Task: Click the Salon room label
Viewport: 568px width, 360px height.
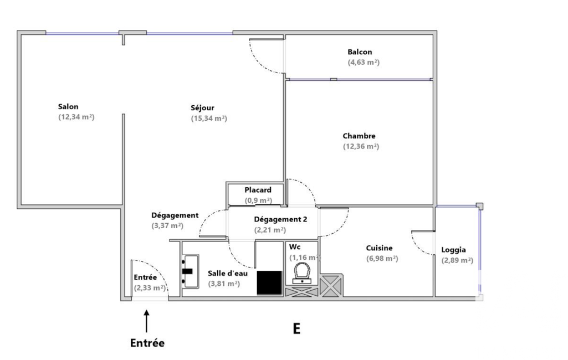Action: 68,107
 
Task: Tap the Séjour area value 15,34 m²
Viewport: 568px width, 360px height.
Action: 209,119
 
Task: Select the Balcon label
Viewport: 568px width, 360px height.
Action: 360,52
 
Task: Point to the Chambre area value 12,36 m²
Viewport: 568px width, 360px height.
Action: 361,147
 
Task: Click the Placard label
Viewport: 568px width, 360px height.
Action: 258,190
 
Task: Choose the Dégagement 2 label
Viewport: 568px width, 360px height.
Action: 280,219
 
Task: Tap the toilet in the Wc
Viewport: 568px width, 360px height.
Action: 301,272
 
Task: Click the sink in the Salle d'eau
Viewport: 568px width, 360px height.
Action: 190,271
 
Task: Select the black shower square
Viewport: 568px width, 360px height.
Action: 270,282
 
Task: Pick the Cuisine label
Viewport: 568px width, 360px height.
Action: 380,248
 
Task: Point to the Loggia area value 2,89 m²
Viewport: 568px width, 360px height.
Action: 457,260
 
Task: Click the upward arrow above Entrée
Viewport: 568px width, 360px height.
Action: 147,321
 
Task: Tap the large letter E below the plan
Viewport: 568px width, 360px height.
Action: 296,329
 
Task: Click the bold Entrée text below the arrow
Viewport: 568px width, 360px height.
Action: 147,343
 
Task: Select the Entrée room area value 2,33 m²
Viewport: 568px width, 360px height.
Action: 150,288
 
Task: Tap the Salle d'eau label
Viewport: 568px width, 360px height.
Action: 232,273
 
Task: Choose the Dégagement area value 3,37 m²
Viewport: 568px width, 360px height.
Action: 167,226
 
